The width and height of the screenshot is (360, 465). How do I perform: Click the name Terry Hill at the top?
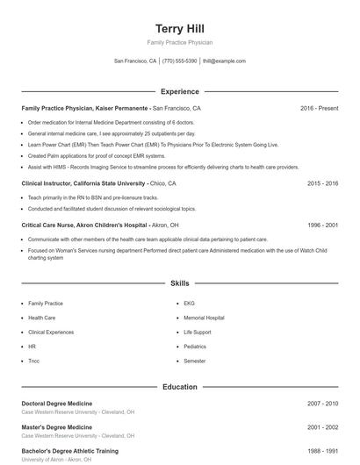179,29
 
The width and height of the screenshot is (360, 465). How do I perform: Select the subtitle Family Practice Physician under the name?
179,42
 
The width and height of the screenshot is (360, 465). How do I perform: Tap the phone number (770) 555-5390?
179,61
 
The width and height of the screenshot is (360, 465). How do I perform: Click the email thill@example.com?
224,61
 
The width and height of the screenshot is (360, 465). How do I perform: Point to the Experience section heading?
179,91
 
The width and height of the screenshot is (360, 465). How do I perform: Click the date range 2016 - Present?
319,108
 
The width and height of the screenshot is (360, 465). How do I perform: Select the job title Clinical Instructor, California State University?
83,183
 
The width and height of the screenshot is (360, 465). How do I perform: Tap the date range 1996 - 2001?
322,225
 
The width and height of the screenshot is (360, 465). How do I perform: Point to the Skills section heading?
179,283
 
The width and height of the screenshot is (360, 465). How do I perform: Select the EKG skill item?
189,303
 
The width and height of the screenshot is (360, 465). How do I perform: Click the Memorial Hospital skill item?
204,318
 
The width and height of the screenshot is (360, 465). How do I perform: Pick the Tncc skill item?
33,361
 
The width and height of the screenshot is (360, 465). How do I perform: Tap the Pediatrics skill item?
195,347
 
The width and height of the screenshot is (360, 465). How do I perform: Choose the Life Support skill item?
198,332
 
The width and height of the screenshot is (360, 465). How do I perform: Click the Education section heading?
179,386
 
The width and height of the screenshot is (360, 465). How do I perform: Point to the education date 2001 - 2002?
322,426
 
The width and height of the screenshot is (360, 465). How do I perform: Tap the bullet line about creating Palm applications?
85,155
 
